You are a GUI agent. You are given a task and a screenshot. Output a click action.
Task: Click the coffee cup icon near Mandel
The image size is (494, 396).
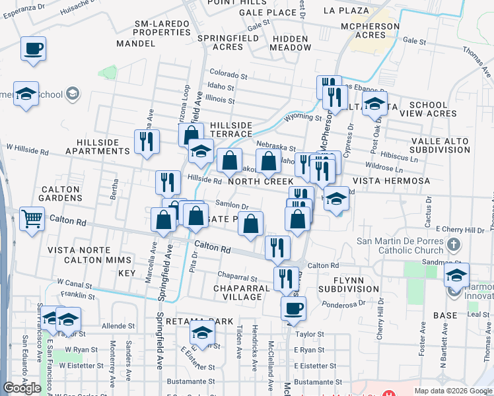(33, 49)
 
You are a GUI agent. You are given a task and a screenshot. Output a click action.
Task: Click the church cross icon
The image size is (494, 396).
(453, 246)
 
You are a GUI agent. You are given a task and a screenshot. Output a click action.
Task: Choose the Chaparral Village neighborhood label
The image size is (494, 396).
(242, 292)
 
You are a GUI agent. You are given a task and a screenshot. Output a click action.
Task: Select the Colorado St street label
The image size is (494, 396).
(229, 75)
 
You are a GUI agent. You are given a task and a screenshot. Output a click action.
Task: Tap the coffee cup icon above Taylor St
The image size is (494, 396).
(293, 308)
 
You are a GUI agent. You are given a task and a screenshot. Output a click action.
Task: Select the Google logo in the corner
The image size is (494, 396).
(22, 388)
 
